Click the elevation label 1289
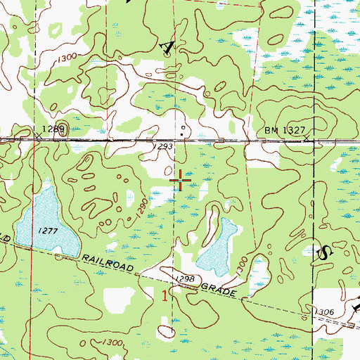[53, 129]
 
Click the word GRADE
[220, 290]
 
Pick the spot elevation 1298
[184, 279]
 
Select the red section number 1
[165, 296]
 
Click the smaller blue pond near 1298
[218, 246]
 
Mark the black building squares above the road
[183, 129]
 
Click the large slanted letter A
[167, 46]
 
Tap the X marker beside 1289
[37, 135]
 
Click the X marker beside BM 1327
[308, 139]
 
